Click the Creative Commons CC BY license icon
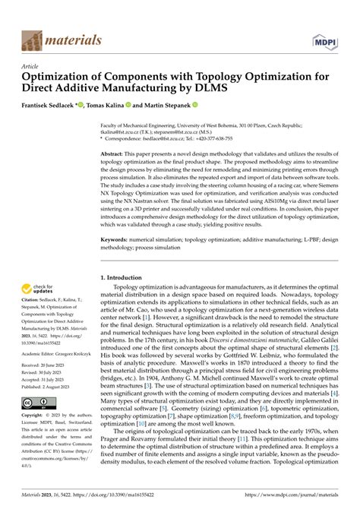37,404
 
